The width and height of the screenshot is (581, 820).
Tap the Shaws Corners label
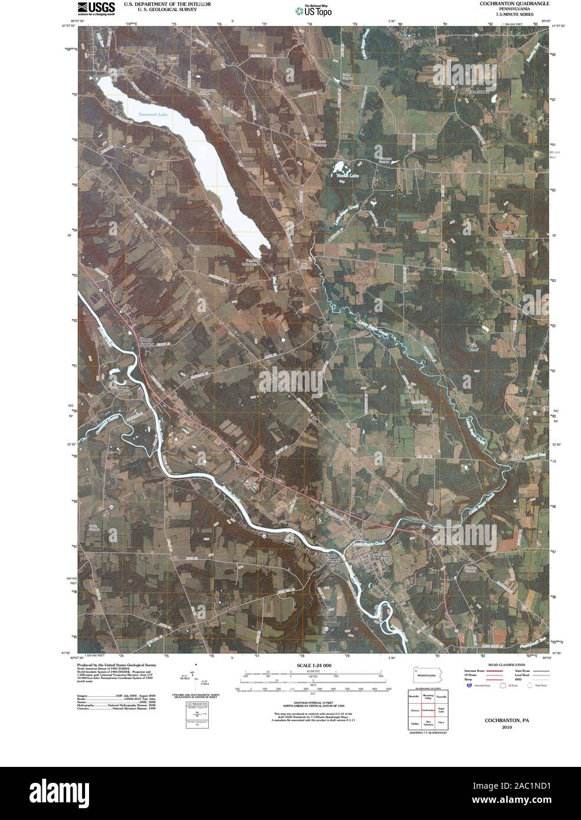pyautogui.click(x=146, y=342)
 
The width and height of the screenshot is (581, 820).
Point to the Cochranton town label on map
pyautogui.click(x=378, y=556)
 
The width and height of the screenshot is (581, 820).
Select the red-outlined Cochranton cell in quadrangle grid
pyautogui.click(x=428, y=711)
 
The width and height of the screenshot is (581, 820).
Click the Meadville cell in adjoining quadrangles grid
pyautogui.click(x=415, y=698)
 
